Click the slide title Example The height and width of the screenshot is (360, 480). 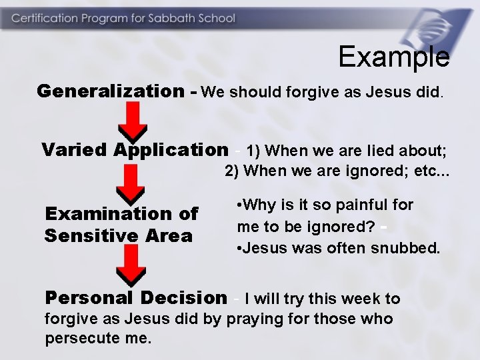(x=393, y=57)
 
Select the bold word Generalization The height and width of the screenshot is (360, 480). (x=109, y=91)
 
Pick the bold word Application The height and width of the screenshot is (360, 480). (x=170, y=149)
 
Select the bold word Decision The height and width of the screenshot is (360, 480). (x=185, y=297)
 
